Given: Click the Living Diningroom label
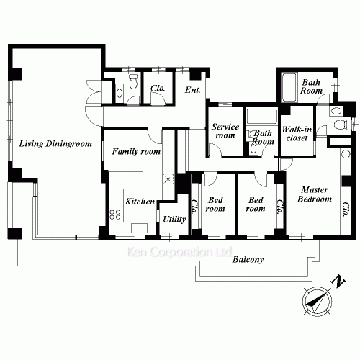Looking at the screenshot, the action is click(55, 144).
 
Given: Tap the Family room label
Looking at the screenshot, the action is click(136, 152).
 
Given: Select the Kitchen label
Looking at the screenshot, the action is click(140, 202).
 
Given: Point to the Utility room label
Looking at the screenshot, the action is click(174, 219).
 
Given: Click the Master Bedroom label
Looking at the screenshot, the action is click(315, 194).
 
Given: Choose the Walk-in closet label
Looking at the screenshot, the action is click(297, 134).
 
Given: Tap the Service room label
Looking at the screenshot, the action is click(225, 131).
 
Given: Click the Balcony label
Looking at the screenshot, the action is click(248, 260).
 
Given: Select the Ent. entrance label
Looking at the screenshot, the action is click(192, 90).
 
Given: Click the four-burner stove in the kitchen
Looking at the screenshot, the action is click(115, 215).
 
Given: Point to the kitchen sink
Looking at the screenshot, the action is click(139, 228).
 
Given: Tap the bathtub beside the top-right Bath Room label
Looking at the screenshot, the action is click(289, 87).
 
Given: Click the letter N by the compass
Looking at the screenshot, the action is click(338, 281).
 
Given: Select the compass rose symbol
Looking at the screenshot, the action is click(318, 300).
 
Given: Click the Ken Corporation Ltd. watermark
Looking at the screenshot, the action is click(179, 252).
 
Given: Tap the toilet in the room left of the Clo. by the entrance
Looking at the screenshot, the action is click(133, 81).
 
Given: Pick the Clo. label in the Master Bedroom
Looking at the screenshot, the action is click(346, 210).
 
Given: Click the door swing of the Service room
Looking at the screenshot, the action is click(215, 150).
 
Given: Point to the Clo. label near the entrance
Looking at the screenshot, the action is click(158, 89).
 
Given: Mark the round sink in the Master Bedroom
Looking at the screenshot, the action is click(346, 154).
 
